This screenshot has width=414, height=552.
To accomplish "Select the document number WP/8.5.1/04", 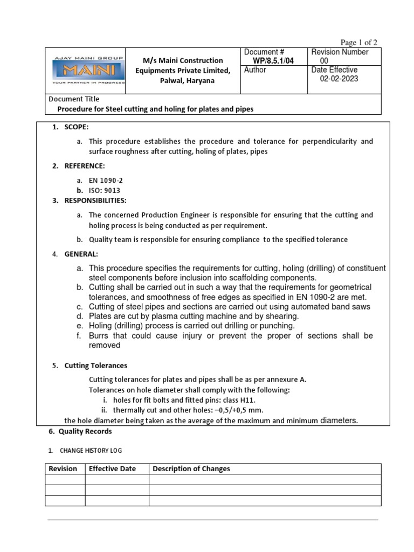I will (273, 61).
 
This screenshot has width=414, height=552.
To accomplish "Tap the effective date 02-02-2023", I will (339, 79).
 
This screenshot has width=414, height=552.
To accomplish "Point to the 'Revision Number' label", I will (340, 52).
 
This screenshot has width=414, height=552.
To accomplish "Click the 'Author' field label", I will (255, 70).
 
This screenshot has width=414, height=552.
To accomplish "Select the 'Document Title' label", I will (74, 99).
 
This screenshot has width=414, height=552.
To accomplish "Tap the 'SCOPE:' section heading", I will (76, 127).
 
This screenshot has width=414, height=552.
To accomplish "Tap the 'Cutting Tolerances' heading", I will (96, 365).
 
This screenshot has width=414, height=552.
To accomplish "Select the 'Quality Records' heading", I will (85, 431).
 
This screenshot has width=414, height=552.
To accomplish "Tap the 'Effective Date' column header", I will (112, 468).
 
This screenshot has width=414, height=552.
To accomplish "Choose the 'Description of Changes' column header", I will (191, 468).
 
